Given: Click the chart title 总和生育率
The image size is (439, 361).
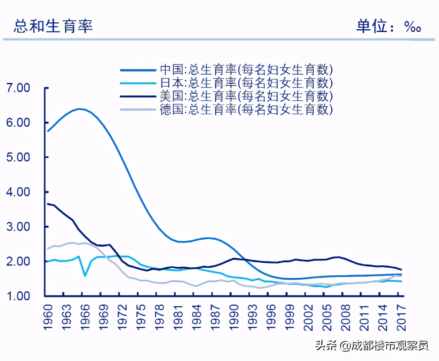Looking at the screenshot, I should point(53,26).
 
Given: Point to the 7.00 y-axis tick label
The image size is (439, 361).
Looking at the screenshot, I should point(18,88).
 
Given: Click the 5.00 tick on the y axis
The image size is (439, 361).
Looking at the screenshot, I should point(18,157).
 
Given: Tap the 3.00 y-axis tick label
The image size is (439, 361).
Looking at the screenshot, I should point(18,227).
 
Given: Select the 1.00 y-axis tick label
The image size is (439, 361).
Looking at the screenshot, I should point(18,296).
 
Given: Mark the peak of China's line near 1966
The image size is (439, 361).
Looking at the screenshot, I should point(79,109).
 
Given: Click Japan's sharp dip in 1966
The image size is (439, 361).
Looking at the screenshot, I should point(85,276).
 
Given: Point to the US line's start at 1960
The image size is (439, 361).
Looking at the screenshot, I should point(47,204).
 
